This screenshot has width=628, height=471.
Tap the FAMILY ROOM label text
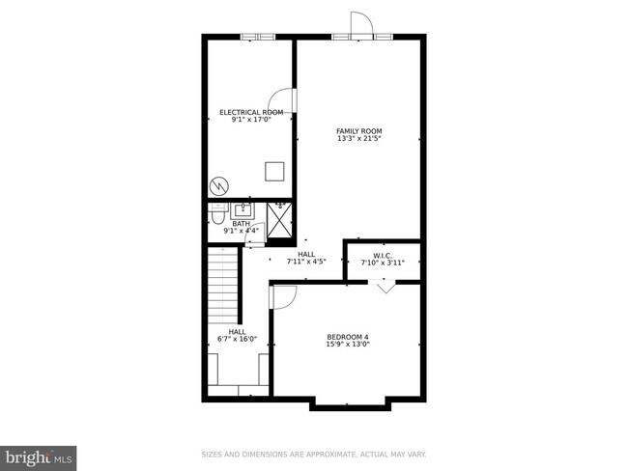pyautogui.click(x=359, y=131)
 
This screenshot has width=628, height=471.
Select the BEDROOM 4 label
pyautogui.click(x=348, y=336)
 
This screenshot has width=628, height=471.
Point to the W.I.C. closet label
pyautogui.click(x=383, y=256)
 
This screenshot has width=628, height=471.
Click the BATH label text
pyautogui.click(x=241, y=223)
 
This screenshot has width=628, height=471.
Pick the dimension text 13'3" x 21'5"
pyautogui.click(x=359, y=139)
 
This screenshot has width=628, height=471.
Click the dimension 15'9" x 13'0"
pyautogui.click(x=348, y=344)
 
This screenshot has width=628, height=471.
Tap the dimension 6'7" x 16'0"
pyautogui.click(x=237, y=339)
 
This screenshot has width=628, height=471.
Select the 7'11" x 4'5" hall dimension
pyautogui.click(x=306, y=261)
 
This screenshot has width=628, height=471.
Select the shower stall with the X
pyautogui.click(x=278, y=220)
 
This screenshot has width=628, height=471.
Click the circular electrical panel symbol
pyautogui.click(x=219, y=183)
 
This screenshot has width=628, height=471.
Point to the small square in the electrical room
pyautogui.click(x=275, y=172)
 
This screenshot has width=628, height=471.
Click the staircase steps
pyautogui.click(x=224, y=285)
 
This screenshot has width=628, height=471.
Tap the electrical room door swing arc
pyautogui.click(x=280, y=100)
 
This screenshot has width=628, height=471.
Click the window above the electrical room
pyautogui.click(x=258, y=37)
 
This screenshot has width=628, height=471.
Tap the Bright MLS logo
pyautogui.click(x=39, y=454)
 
